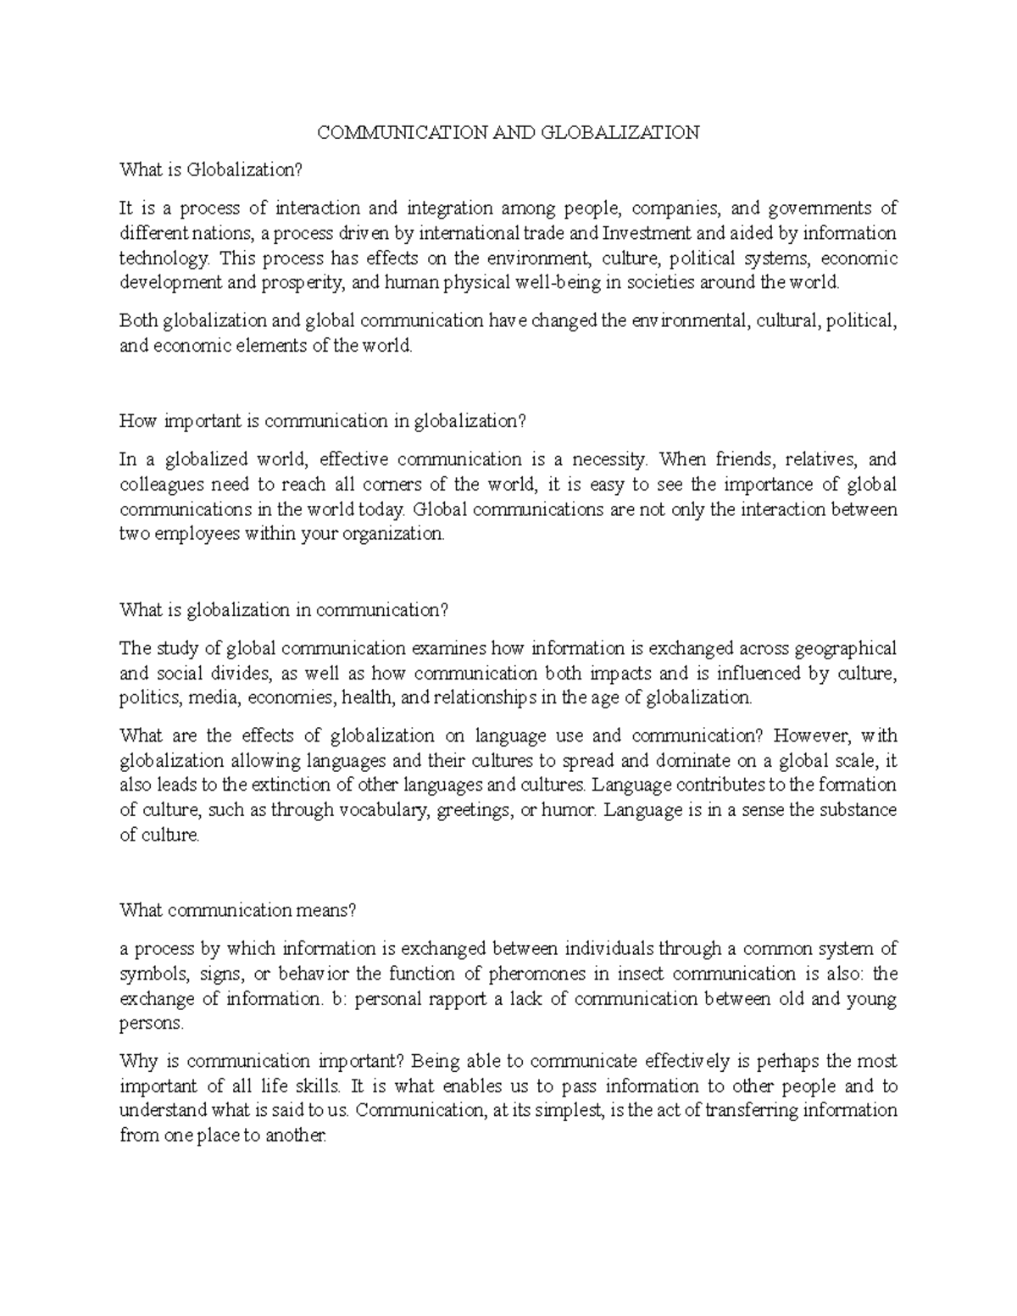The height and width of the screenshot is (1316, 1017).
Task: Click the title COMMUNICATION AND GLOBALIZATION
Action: [508, 132]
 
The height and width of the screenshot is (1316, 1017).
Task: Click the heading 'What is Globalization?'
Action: [210, 170]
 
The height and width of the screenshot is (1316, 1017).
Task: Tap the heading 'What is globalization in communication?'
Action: [284, 610]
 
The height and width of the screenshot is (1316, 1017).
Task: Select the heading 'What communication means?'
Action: [239, 910]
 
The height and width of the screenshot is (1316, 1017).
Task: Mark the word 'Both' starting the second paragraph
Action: [138, 321]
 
